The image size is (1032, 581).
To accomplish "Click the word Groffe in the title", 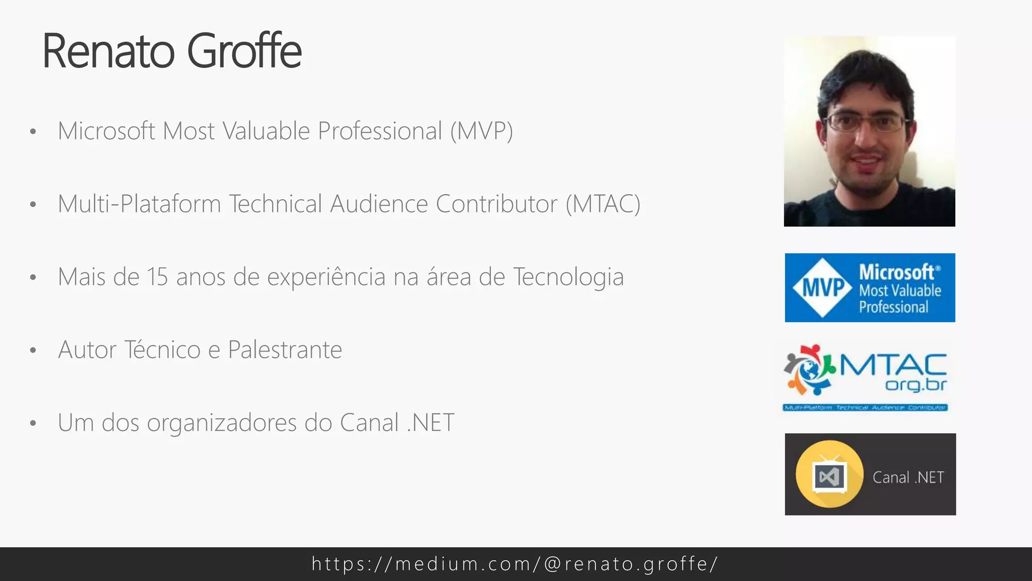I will point(244,51).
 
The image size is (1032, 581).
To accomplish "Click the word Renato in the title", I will point(109,51).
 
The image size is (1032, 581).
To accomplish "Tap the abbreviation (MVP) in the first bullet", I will point(481,131).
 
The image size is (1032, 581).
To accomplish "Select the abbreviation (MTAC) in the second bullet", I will point(603,204).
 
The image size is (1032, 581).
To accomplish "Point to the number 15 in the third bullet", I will point(157,277).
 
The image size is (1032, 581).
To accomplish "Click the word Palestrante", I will point(285,350).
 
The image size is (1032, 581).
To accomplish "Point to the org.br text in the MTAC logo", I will point(916,385).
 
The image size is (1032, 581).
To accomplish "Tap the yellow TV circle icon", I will point(829,474).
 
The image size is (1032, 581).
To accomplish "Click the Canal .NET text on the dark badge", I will point(908,477).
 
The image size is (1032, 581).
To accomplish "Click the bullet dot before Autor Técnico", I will point(33,351).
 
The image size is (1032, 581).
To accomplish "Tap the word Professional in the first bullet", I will point(379,131).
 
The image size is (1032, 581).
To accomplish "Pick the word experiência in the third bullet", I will point(326,277).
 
